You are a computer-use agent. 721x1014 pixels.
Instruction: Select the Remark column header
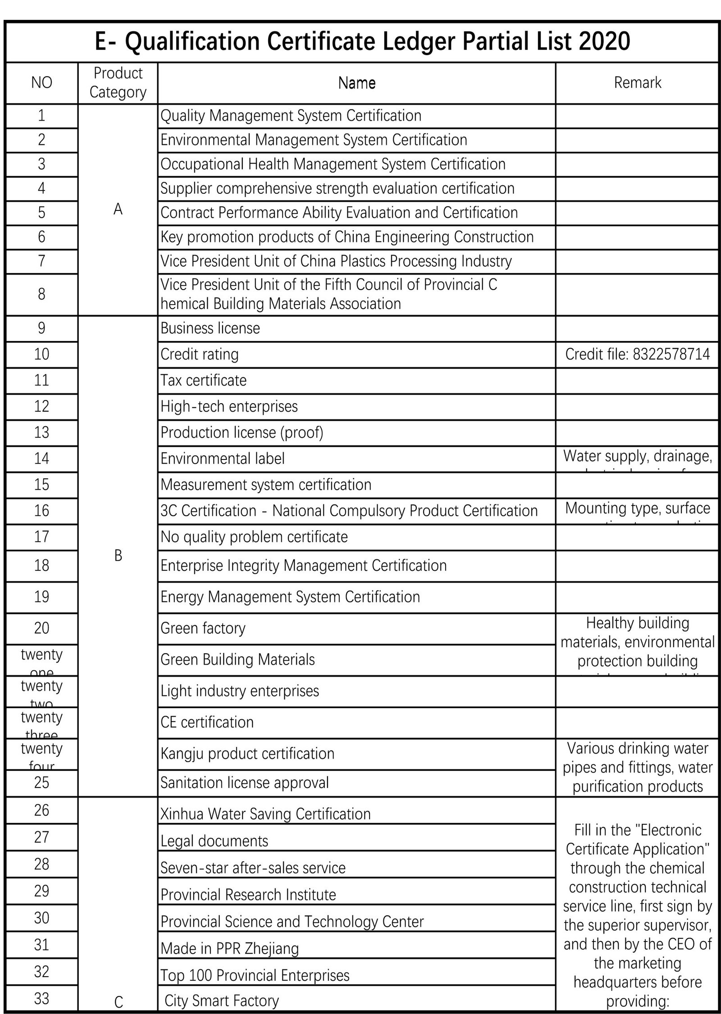(x=637, y=83)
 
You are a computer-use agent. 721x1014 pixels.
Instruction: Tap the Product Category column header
(x=118, y=83)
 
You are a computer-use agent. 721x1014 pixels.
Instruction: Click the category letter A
(x=118, y=209)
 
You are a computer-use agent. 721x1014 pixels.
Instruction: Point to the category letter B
(x=118, y=556)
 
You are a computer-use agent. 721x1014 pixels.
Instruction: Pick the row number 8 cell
(x=41, y=294)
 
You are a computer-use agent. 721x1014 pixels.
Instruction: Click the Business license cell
(x=210, y=328)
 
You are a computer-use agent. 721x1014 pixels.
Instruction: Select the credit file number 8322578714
(x=671, y=355)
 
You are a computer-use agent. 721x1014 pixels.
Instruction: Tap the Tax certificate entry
(x=204, y=381)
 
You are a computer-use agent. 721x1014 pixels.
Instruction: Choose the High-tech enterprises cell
(x=229, y=407)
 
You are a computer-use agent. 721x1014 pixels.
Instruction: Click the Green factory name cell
(x=203, y=628)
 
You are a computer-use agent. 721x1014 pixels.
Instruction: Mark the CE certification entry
(x=207, y=723)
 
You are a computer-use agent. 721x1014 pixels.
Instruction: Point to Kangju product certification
(x=247, y=754)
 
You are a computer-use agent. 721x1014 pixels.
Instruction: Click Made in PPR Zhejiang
(x=229, y=949)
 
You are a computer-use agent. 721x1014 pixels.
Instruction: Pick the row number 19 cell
(x=41, y=597)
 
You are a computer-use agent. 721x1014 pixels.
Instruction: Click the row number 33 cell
(x=41, y=999)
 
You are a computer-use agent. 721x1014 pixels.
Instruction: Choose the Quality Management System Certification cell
(x=291, y=116)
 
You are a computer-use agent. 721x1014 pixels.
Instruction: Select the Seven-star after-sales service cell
(x=253, y=868)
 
